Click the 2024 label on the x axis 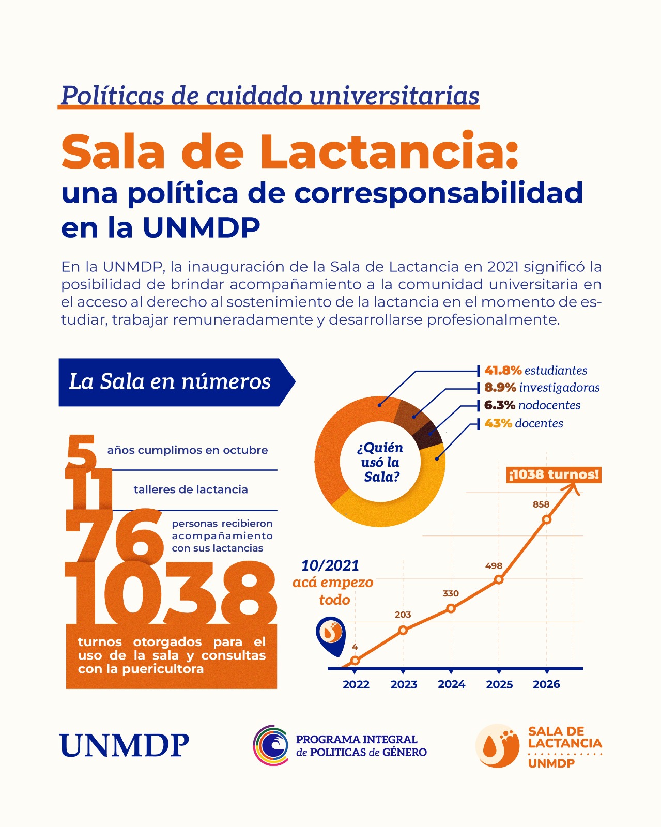(x=452, y=684)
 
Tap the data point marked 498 (x=498, y=579)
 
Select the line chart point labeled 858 (x=546, y=519)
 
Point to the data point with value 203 (x=403, y=630)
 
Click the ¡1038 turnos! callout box (x=554, y=474)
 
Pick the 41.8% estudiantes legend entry (x=536, y=371)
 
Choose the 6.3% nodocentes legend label (x=532, y=405)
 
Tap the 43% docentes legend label (x=524, y=423)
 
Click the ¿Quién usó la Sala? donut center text (x=380, y=462)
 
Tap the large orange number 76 (x=114, y=535)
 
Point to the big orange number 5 (x=81, y=452)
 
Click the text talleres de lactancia (x=191, y=489)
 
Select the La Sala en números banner (x=177, y=382)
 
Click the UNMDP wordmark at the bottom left (x=124, y=745)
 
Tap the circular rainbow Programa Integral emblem (x=270, y=745)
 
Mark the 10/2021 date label (x=330, y=565)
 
